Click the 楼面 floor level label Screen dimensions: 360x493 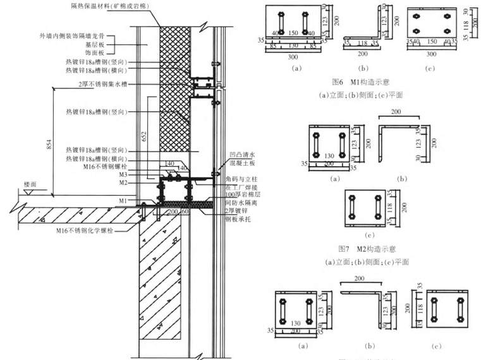pyautogui.click(x=31, y=184)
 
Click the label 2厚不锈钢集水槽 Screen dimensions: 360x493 pyautogui.click(x=102, y=84)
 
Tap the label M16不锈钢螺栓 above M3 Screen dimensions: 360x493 pyautogui.click(x=106, y=167)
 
